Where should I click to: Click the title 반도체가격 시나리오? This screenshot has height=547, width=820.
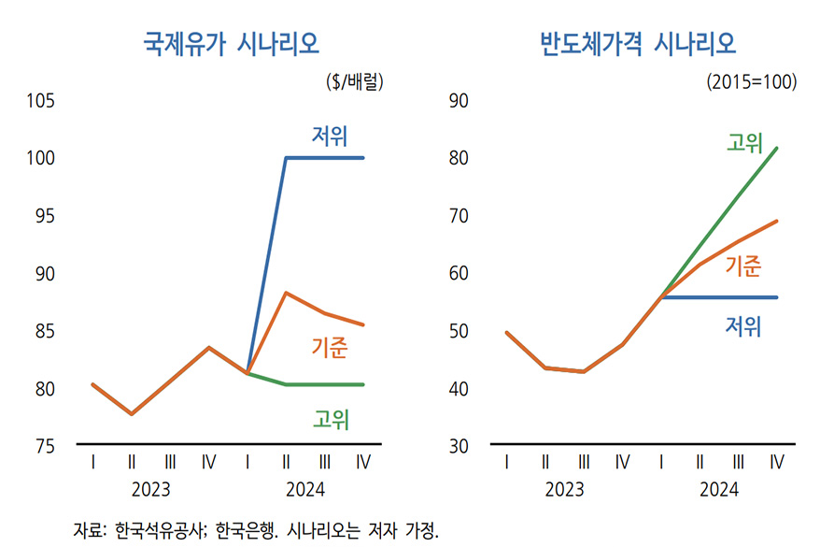pyautogui.click(x=638, y=43)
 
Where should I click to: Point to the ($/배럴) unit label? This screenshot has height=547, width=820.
pyautogui.click(x=356, y=81)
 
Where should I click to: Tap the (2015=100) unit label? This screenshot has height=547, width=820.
pyautogui.click(x=752, y=81)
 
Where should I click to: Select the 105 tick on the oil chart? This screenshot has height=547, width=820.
pyautogui.click(x=41, y=101)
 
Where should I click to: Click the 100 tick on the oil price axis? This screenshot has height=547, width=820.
pyautogui.click(x=41, y=159)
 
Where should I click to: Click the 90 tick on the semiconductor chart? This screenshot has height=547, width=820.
pyautogui.click(x=459, y=101)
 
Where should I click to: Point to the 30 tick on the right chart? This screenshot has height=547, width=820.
pyautogui.click(x=459, y=446)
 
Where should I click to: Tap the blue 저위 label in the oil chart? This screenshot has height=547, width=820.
pyautogui.click(x=330, y=137)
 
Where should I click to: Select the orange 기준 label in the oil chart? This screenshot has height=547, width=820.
pyautogui.click(x=329, y=349)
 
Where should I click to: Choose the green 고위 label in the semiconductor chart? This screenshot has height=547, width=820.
pyautogui.click(x=744, y=142)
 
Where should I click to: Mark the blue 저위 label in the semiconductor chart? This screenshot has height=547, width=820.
pyautogui.click(x=743, y=325)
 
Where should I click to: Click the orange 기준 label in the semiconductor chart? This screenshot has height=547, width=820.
pyautogui.click(x=743, y=266)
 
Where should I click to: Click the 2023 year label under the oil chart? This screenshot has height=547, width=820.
pyautogui.click(x=150, y=489)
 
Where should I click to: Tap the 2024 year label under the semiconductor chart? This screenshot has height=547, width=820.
pyautogui.click(x=718, y=489)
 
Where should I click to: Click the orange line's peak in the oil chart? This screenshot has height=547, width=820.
pyautogui.click(x=286, y=293)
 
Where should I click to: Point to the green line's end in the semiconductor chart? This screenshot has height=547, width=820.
pyautogui.click(x=777, y=148)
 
